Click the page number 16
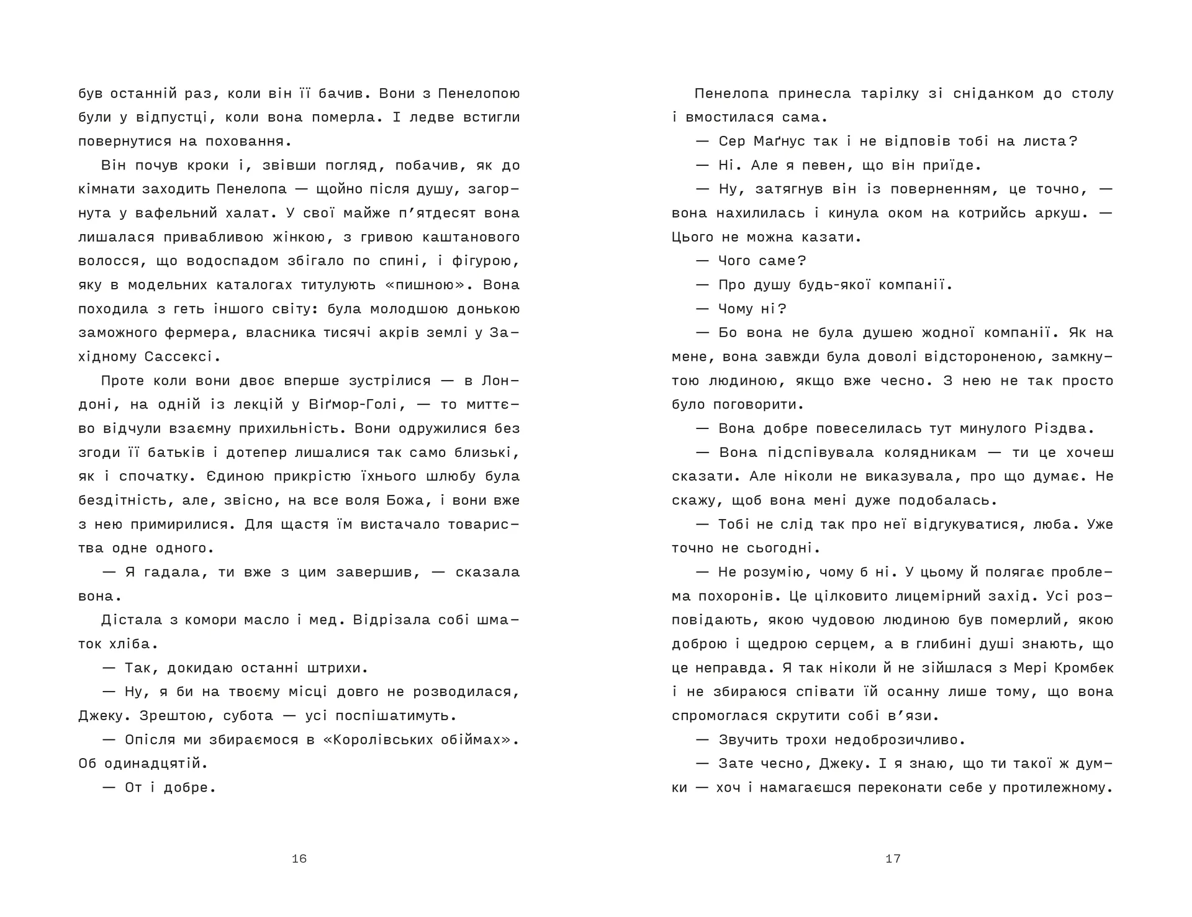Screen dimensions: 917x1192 [x=299, y=859]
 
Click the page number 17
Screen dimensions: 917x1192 [x=893, y=859]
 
